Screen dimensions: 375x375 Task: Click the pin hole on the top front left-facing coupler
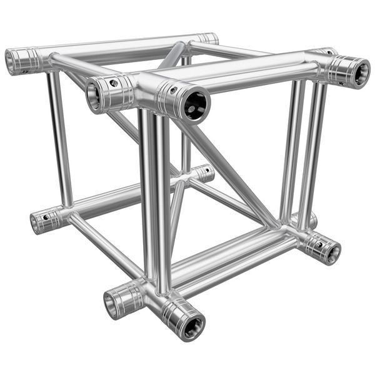(114, 82)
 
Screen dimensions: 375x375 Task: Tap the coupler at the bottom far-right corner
(324, 248)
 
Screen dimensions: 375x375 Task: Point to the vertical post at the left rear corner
(59, 137)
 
